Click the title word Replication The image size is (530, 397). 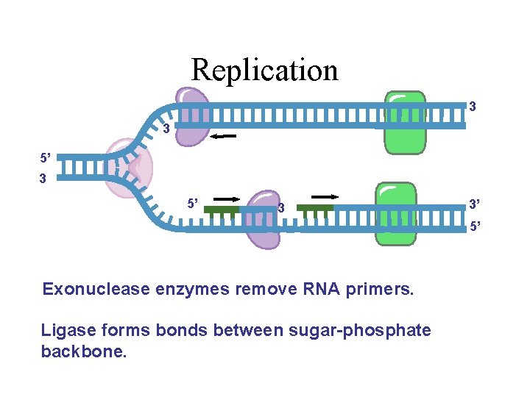[x=264, y=70]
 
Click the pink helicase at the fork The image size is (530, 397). [x=128, y=170]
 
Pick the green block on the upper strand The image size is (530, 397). [x=404, y=122]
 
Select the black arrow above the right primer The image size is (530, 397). [x=325, y=197]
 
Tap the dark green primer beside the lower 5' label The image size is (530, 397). [x=221, y=210]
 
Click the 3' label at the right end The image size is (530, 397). [x=476, y=204]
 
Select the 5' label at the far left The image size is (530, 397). [x=46, y=157]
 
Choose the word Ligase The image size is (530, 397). [x=66, y=331]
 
